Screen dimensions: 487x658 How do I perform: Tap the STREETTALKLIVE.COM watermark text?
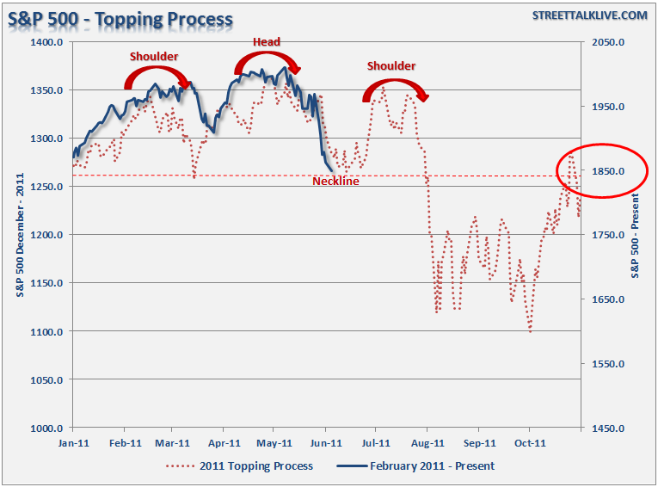coord(589,15)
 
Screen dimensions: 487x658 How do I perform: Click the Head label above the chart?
coord(266,42)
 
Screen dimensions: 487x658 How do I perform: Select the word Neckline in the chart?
coord(335,182)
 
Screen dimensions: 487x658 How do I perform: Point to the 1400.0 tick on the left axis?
coord(48,42)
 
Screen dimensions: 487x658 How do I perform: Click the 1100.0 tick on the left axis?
coord(48,331)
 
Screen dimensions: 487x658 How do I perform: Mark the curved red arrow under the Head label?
coord(267,62)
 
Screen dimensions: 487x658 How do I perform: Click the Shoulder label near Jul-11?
coord(391,66)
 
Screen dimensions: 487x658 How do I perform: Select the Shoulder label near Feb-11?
coord(154,57)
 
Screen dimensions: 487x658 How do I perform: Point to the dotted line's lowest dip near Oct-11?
coord(530,330)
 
